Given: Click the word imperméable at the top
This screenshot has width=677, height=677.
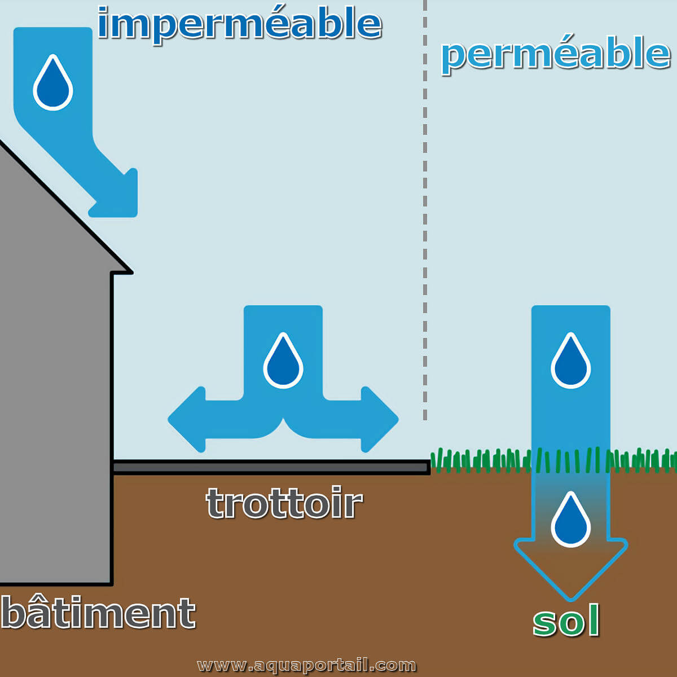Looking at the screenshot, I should click(x=240, y=24).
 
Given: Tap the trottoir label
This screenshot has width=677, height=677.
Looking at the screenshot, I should click(x=284, y=503).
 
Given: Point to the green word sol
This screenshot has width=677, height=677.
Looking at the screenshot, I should click(x=566, y=622).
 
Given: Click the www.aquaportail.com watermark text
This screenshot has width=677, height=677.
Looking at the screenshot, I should click(x=306, y=666).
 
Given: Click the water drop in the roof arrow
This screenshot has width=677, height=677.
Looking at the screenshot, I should click(x=53, y=83).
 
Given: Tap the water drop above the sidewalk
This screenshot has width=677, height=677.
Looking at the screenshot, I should click(x=283, y=362).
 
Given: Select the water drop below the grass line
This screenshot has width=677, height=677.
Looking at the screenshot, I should click(x=570, y=520).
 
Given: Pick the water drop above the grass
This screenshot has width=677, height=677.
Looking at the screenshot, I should click(x=570, y=362).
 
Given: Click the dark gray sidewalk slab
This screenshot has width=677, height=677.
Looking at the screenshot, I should click(x=271, y=467).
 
